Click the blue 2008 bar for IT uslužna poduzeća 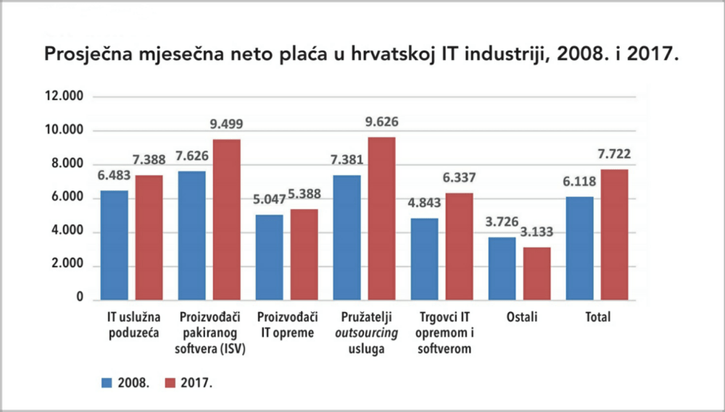pos(115,245)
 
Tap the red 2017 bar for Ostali pos(536,274)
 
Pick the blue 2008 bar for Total pos(580,248)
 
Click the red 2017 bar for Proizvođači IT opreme pos(304,254)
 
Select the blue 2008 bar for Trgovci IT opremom pos(424,259)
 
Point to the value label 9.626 pos(381,122)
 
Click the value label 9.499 pos(226,125)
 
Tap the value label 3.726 pos(502,223)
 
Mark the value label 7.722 pos(613,155)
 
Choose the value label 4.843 pos(424,204)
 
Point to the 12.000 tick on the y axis pos(65,97)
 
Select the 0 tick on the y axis pos(80,299)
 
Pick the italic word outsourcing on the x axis pos(367,334)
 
